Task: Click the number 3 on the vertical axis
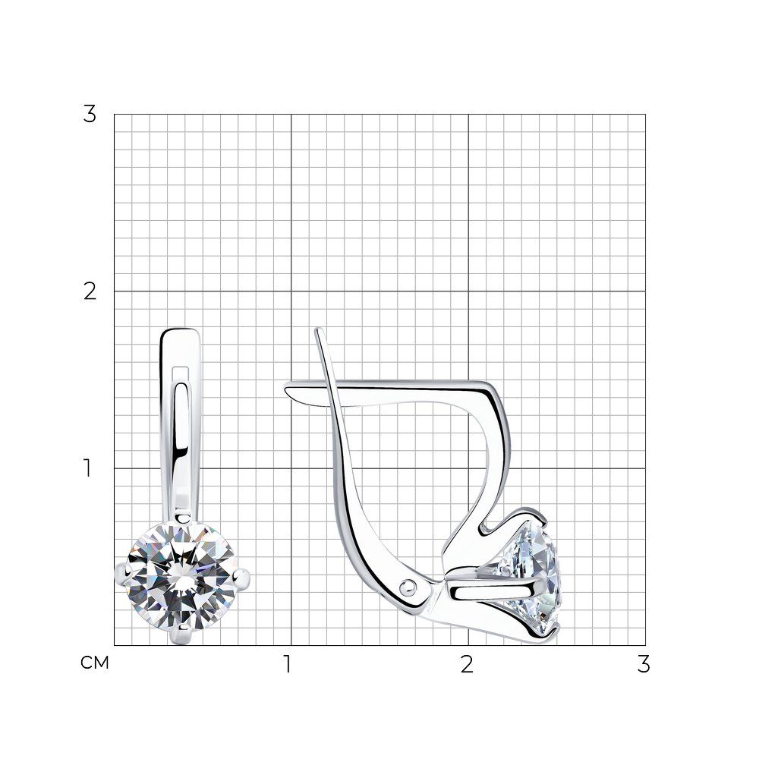click(x=90, y=115)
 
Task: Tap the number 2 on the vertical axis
click(x=90, y=291)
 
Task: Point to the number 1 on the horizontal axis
click(x=288, y=665)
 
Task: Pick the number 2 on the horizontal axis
click(x=467, y=665)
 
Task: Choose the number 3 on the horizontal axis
click(x=644, y=665)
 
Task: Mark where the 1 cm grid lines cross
click(x=291, y=468)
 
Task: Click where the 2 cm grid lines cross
click(x=468, y=291)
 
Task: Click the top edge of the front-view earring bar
click(x=180, y=329)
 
